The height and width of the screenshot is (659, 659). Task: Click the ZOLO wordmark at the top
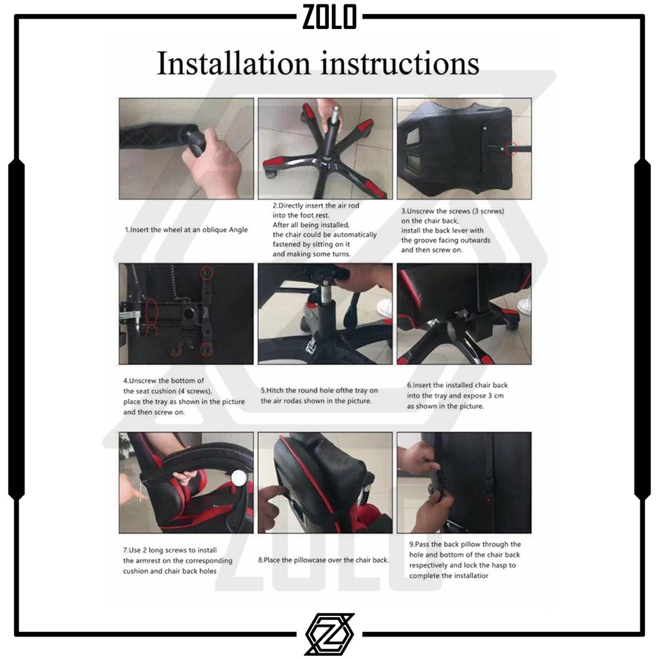pyautogui.click(x=329, y=16)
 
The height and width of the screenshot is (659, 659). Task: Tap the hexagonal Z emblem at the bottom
pyautogui.click(x=329, y=634)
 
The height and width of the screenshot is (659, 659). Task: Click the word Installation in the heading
pyautogui.click(x=234, y=63)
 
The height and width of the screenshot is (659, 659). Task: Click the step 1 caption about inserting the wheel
pyautogui.click(x=186, y=230)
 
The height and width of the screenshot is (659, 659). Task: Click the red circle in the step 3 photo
pyautogui.click(x=511, y=148)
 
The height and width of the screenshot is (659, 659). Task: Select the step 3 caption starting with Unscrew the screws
pyautogui.click(x=452, y=230)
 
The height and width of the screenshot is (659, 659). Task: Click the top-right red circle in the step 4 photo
pyautogui.click(x=207, y=273)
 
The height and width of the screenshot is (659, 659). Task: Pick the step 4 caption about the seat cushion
pyautogui.click(x=183, y=396)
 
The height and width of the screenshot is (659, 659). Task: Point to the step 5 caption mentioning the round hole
pyautogui.click(x=319, y=396)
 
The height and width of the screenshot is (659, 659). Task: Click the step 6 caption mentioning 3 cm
pyautogui.click(x=457, y=396)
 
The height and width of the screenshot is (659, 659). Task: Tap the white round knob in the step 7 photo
pyautogui.click(x=239, y=478)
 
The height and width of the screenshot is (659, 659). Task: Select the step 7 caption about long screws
pyautogui.click(x=178, y=561)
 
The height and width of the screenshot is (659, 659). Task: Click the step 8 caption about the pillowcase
pyautogui.click(x=323, y=560)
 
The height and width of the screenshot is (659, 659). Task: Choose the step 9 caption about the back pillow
pyautogui.click(x=465, y=560)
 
